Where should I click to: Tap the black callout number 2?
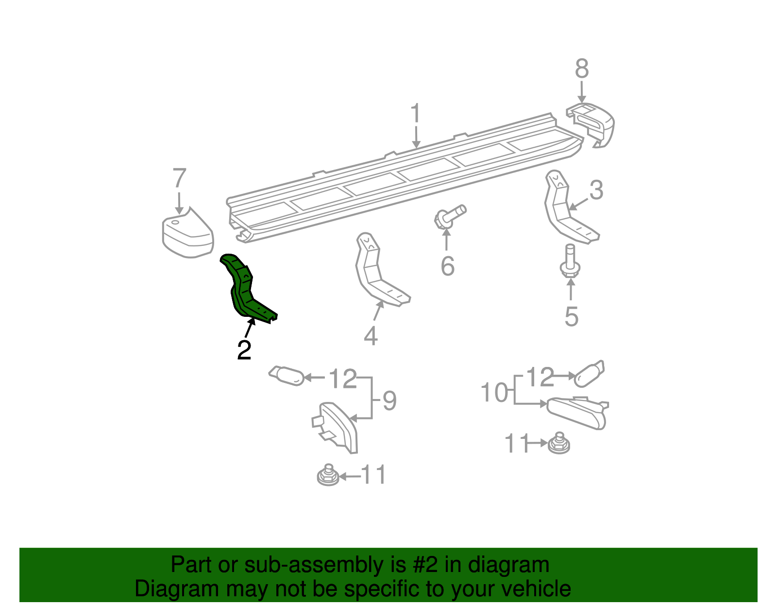click(x=244, y=350)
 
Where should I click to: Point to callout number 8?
click(x=582, y=69)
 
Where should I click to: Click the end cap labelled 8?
click(x=593, y=124)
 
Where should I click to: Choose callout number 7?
click(x=180, y=178)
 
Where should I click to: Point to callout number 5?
click(x=572, y=316)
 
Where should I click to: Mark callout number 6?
click(x=447, y=266)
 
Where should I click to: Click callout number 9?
click(x=389, y=401)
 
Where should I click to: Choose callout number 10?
click(x=494, y=392)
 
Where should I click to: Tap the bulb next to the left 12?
click(x=287, y=376)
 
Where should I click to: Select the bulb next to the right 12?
click(x=589, y=374)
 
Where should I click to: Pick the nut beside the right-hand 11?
click(x=559, y=443)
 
